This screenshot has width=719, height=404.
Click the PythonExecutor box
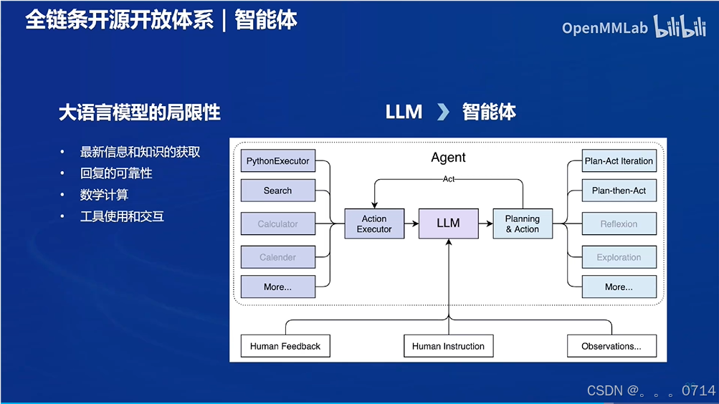point(278,161)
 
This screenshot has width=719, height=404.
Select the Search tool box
point(278,191)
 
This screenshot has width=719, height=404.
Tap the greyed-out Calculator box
point(278,224)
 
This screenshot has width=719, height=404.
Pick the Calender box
point(278,257)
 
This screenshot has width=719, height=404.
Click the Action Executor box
point(374,223)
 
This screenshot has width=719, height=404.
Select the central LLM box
point(448,223)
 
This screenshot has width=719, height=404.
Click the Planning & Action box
point(523,223)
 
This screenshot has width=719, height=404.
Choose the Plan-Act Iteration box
point(619,161)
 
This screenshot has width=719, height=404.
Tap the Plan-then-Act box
point(619,191)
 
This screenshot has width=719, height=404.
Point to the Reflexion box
point(619,224)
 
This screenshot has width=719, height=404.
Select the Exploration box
point(619,257)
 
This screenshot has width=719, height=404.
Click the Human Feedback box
point(285,346)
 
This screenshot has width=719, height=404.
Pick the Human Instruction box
point(448,346)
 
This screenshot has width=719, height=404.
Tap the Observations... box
point(611,346)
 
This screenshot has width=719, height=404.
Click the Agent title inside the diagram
point(448,158)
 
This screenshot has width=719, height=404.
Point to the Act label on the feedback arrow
point(448,179)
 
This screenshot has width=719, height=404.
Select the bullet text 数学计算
point(105,195)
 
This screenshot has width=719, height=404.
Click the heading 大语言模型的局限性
point(140,112)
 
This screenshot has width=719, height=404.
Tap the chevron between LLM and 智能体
point(443,112)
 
